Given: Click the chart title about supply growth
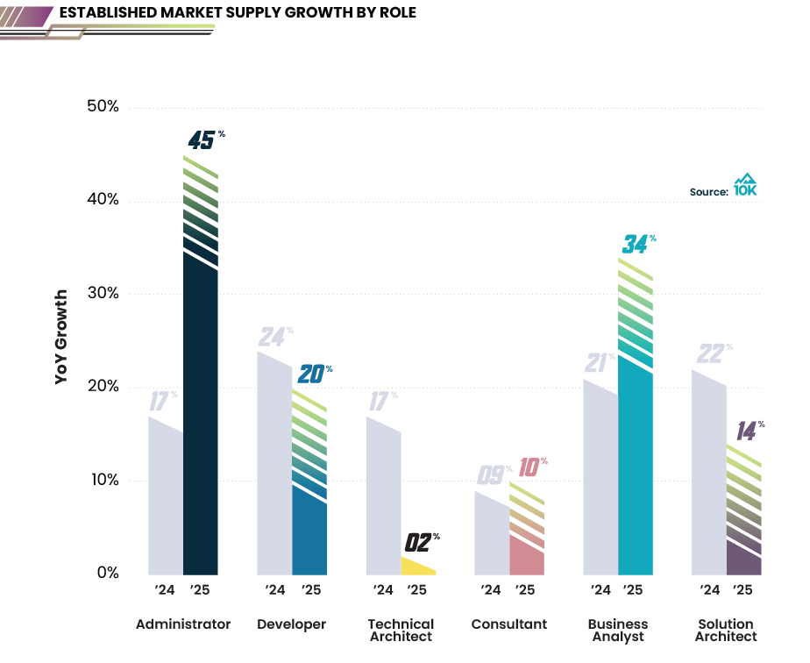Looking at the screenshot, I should (x=237, y=12).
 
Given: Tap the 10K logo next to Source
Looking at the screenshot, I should (x=745, y=185).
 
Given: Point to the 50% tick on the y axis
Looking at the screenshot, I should (x=103, y=107).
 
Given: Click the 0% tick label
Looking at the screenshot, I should (x=107, y=574).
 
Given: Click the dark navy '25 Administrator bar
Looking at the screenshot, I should (x=201, y=421).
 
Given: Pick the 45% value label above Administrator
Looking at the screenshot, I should (x=204, y=139).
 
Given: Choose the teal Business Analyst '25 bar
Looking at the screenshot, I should (x=636, y=474).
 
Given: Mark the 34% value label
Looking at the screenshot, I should (x=636, y=244).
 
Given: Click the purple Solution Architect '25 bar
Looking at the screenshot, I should (x=743, y=558).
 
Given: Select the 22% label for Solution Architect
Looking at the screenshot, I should (x=713, y=353).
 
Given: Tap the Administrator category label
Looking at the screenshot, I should (x=183, y=624).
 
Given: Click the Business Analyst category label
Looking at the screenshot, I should (x=618, y=631).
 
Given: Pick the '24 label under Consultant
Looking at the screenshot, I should (x=492, y=590).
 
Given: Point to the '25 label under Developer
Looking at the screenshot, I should (x=309, y=590).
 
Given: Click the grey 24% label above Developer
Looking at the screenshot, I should (x=274, y=337).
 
